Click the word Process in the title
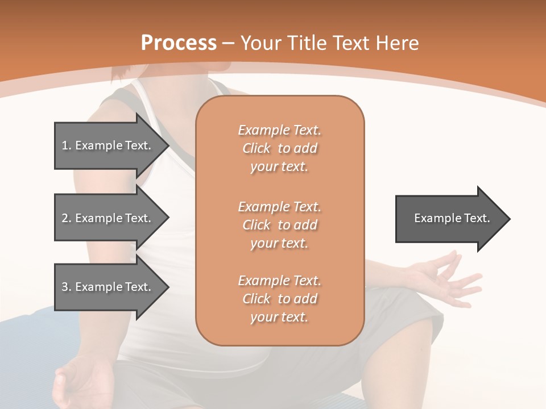(179, 43)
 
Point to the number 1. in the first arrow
(67, 145)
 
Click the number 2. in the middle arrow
(67, 218)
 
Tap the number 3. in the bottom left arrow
(67, 287)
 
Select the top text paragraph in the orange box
(279, 148)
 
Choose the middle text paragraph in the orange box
(279, 224)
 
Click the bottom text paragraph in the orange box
(279, 299)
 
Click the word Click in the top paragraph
(257, 148)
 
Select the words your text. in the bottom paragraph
(279, 317)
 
